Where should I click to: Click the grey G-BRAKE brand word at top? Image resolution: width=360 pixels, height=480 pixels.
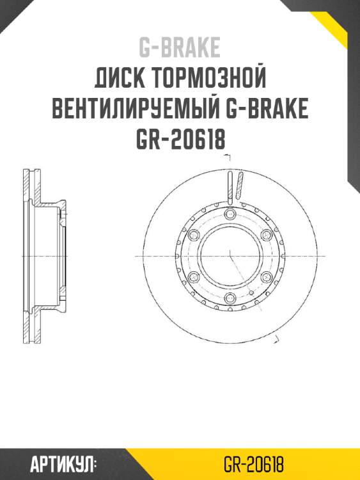(180, 47)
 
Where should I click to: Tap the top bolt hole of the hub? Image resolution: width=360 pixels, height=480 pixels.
(230, 214)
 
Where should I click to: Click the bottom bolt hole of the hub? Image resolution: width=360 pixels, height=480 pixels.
(230, 298)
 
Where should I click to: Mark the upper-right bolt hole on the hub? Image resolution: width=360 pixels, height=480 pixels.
(266, 236)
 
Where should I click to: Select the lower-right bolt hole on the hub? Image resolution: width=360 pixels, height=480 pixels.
(266, 277)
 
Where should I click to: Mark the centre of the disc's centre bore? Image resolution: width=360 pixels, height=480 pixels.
(230, 256)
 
